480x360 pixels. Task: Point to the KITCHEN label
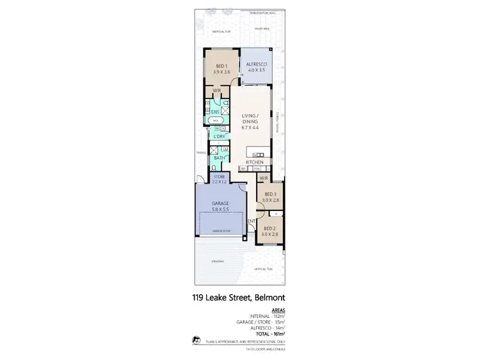(x=255, y=163)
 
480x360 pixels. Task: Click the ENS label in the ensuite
(x=216, y=112)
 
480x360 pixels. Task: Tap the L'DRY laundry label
(x=218, y=137)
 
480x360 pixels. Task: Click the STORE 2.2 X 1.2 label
(x=220, y=179)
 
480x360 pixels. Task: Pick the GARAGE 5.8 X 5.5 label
(x=220, y=205)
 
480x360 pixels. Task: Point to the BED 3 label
(x=270, y=196)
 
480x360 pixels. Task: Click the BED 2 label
(x=269, y=231)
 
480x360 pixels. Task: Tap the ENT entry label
(x=252, y=221)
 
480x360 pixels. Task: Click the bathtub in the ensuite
(x=216, y=120)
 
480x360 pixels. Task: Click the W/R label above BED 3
(x=262, y=178)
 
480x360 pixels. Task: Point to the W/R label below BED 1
(x=216, y=91)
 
